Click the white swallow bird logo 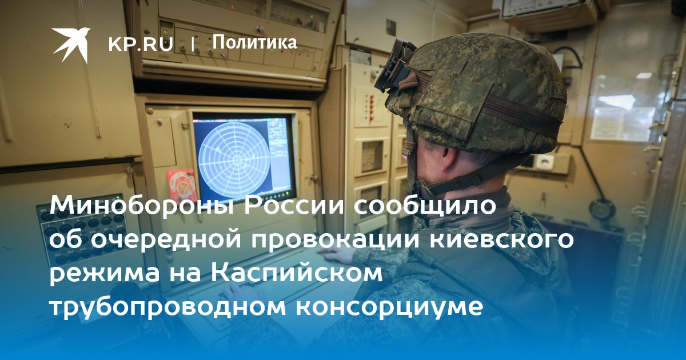tap(71, 45)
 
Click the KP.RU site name tap(141, 45)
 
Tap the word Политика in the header tap(254, 42)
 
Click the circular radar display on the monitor tap(234, 159)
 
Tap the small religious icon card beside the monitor tap(182, 185)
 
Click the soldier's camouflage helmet tap(478, 95)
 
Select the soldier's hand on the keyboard tap(336, 255)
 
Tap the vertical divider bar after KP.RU tap(193, 45)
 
